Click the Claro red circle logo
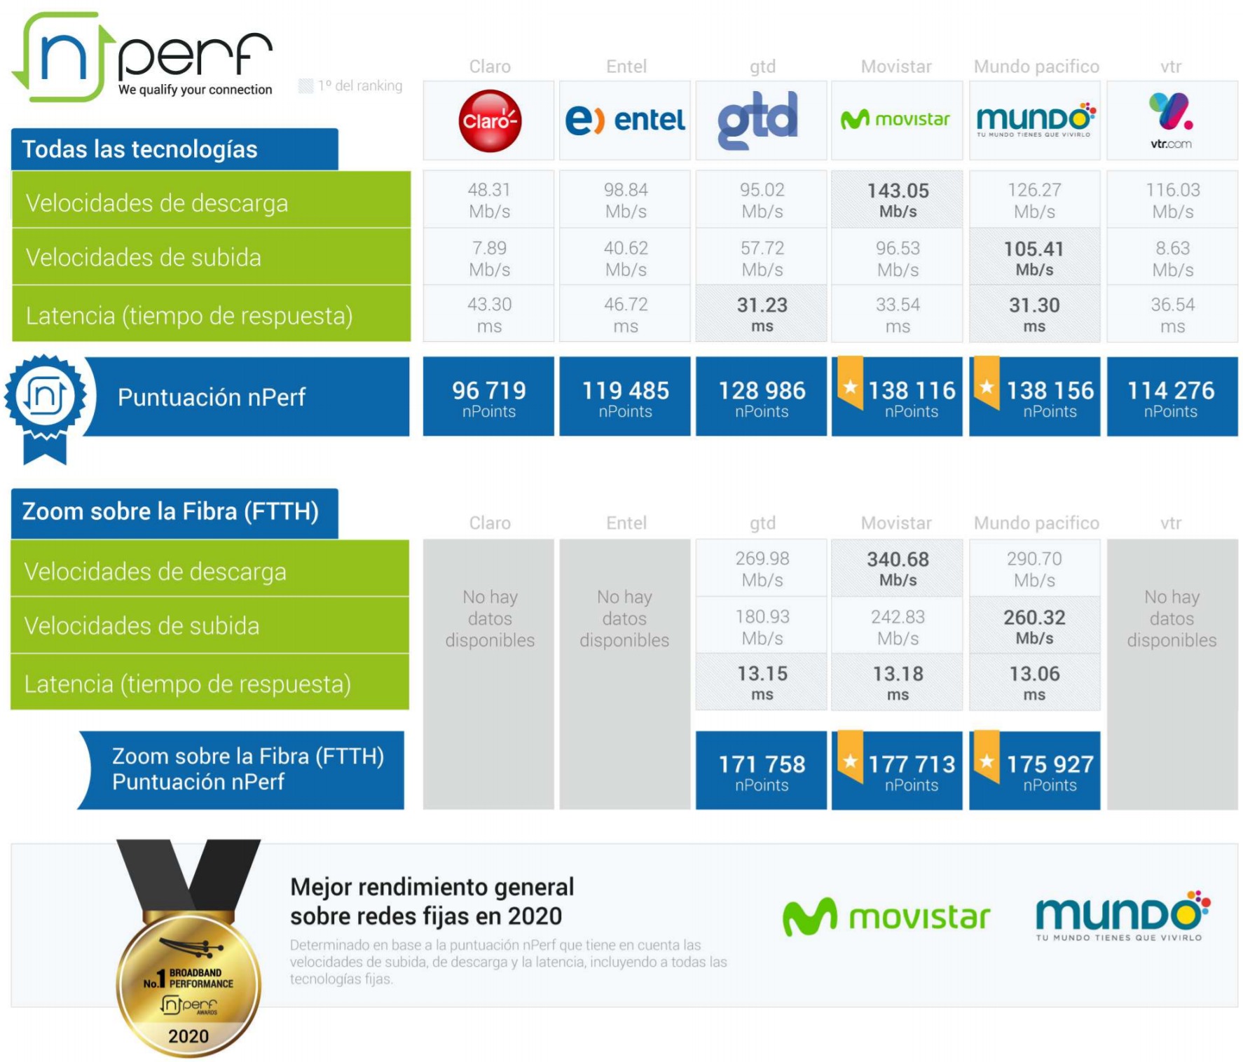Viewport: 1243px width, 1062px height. click(490, 121)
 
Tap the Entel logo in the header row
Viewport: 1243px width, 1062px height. click(625, 120)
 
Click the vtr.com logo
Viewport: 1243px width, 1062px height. click(1171, 120)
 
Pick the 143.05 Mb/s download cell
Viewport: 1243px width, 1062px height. click(897, 200)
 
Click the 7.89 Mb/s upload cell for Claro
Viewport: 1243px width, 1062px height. click(489, 258)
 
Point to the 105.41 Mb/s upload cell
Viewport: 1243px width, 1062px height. click(1033, 258)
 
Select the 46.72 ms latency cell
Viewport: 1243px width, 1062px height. click(625, 315)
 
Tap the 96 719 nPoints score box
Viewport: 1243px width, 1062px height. click(488, 396)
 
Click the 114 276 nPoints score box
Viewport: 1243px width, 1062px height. click(1171, 396)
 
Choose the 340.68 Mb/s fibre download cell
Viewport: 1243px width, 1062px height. click(897, 568)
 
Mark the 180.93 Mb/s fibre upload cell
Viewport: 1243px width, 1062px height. click(762, 626)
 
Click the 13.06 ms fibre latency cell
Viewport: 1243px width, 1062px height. click(1033, 682)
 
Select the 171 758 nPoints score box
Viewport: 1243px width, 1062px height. click(761, 771)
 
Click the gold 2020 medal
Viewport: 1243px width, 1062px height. click(188, 984)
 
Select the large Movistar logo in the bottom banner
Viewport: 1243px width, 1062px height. click(886, 917)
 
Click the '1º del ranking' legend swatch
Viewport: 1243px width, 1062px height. click(305, 86)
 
